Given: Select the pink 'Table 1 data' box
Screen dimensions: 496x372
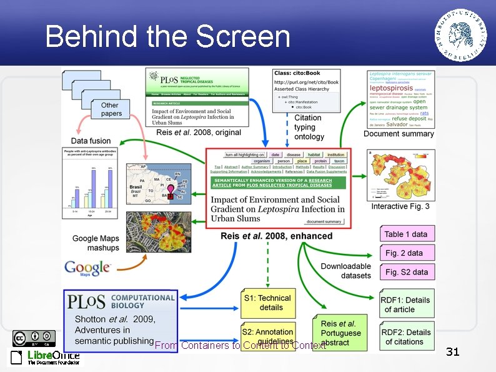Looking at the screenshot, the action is [x=406, y=234].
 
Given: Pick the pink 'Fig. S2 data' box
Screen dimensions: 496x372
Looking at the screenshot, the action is [x=407, y=272].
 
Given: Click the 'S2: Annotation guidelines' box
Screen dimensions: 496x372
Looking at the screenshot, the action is [x=267, y=336].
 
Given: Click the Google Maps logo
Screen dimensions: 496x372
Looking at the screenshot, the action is [x=87, y=268].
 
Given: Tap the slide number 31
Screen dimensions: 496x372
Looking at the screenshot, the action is [x=452, y=352].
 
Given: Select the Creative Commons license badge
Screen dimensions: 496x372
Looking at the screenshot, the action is [x=34, y=338].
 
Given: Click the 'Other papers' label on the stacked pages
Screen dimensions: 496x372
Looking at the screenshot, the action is [x=111, y=109].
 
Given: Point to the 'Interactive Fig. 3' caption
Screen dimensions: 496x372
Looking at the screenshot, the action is [x=400, y=206].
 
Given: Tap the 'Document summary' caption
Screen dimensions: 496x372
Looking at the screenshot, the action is [x=399, y=134].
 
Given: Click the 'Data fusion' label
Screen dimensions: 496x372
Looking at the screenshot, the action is [x=91, y=141].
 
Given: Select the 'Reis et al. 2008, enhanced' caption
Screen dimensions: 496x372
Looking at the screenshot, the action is [x=277, y=236].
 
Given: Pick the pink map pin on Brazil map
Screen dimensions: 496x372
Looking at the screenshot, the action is [x=169, y=189].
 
